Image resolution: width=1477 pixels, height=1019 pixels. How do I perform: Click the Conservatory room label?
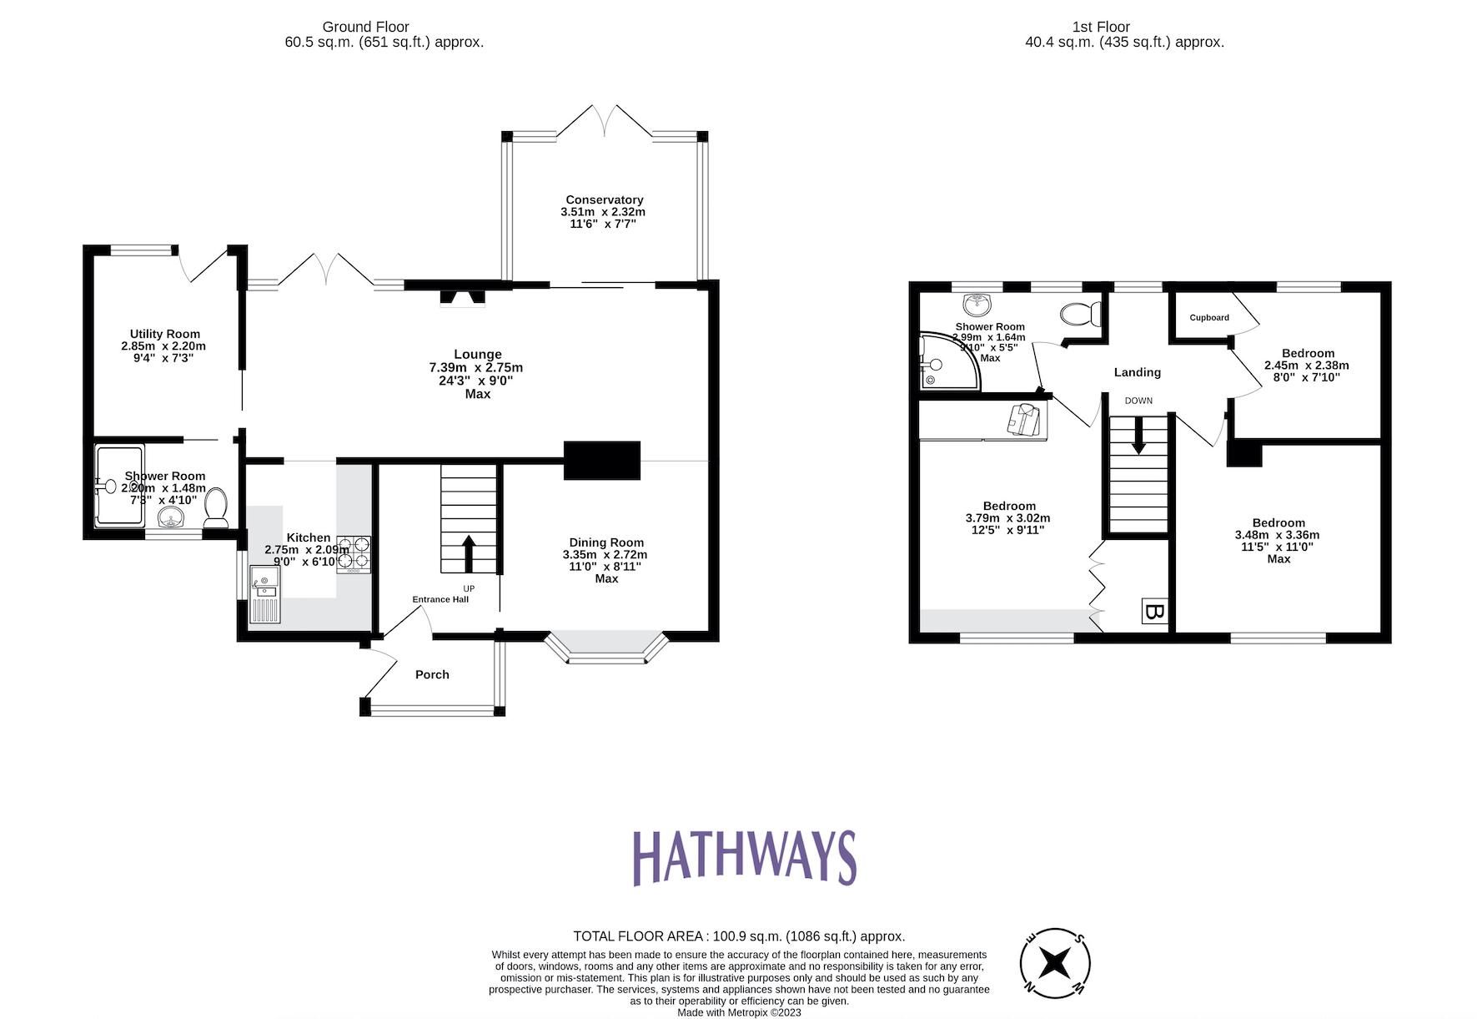tap(604, 199)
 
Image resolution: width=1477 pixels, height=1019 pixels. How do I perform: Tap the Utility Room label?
tap(164, 334)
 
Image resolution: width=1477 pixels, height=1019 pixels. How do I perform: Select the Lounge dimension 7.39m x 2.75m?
tap(476, 367)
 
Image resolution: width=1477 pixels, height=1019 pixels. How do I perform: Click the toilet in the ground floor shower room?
tap(216, 507)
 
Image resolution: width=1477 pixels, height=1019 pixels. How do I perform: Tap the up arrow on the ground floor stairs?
tap(468, 553)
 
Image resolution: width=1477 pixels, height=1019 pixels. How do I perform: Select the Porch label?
tap(432, 674)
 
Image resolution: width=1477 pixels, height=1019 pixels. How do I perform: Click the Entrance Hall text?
tap(440, 599)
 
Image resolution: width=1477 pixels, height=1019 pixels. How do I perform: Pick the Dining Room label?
tap(606, 542)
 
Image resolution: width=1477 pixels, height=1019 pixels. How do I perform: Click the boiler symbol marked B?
tap(1154, 612)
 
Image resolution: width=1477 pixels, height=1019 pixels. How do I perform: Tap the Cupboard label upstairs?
tap(1208, 318)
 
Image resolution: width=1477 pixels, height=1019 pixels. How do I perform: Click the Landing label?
tap(1137, 372)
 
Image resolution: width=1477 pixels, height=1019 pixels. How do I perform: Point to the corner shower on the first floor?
tap(947, 364)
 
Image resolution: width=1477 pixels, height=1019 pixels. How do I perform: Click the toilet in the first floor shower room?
tap(1080, 315)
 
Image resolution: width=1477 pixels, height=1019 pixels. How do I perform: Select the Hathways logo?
tap(744, 857)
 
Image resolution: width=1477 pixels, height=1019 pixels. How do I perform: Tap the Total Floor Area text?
tap(738, 936)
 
